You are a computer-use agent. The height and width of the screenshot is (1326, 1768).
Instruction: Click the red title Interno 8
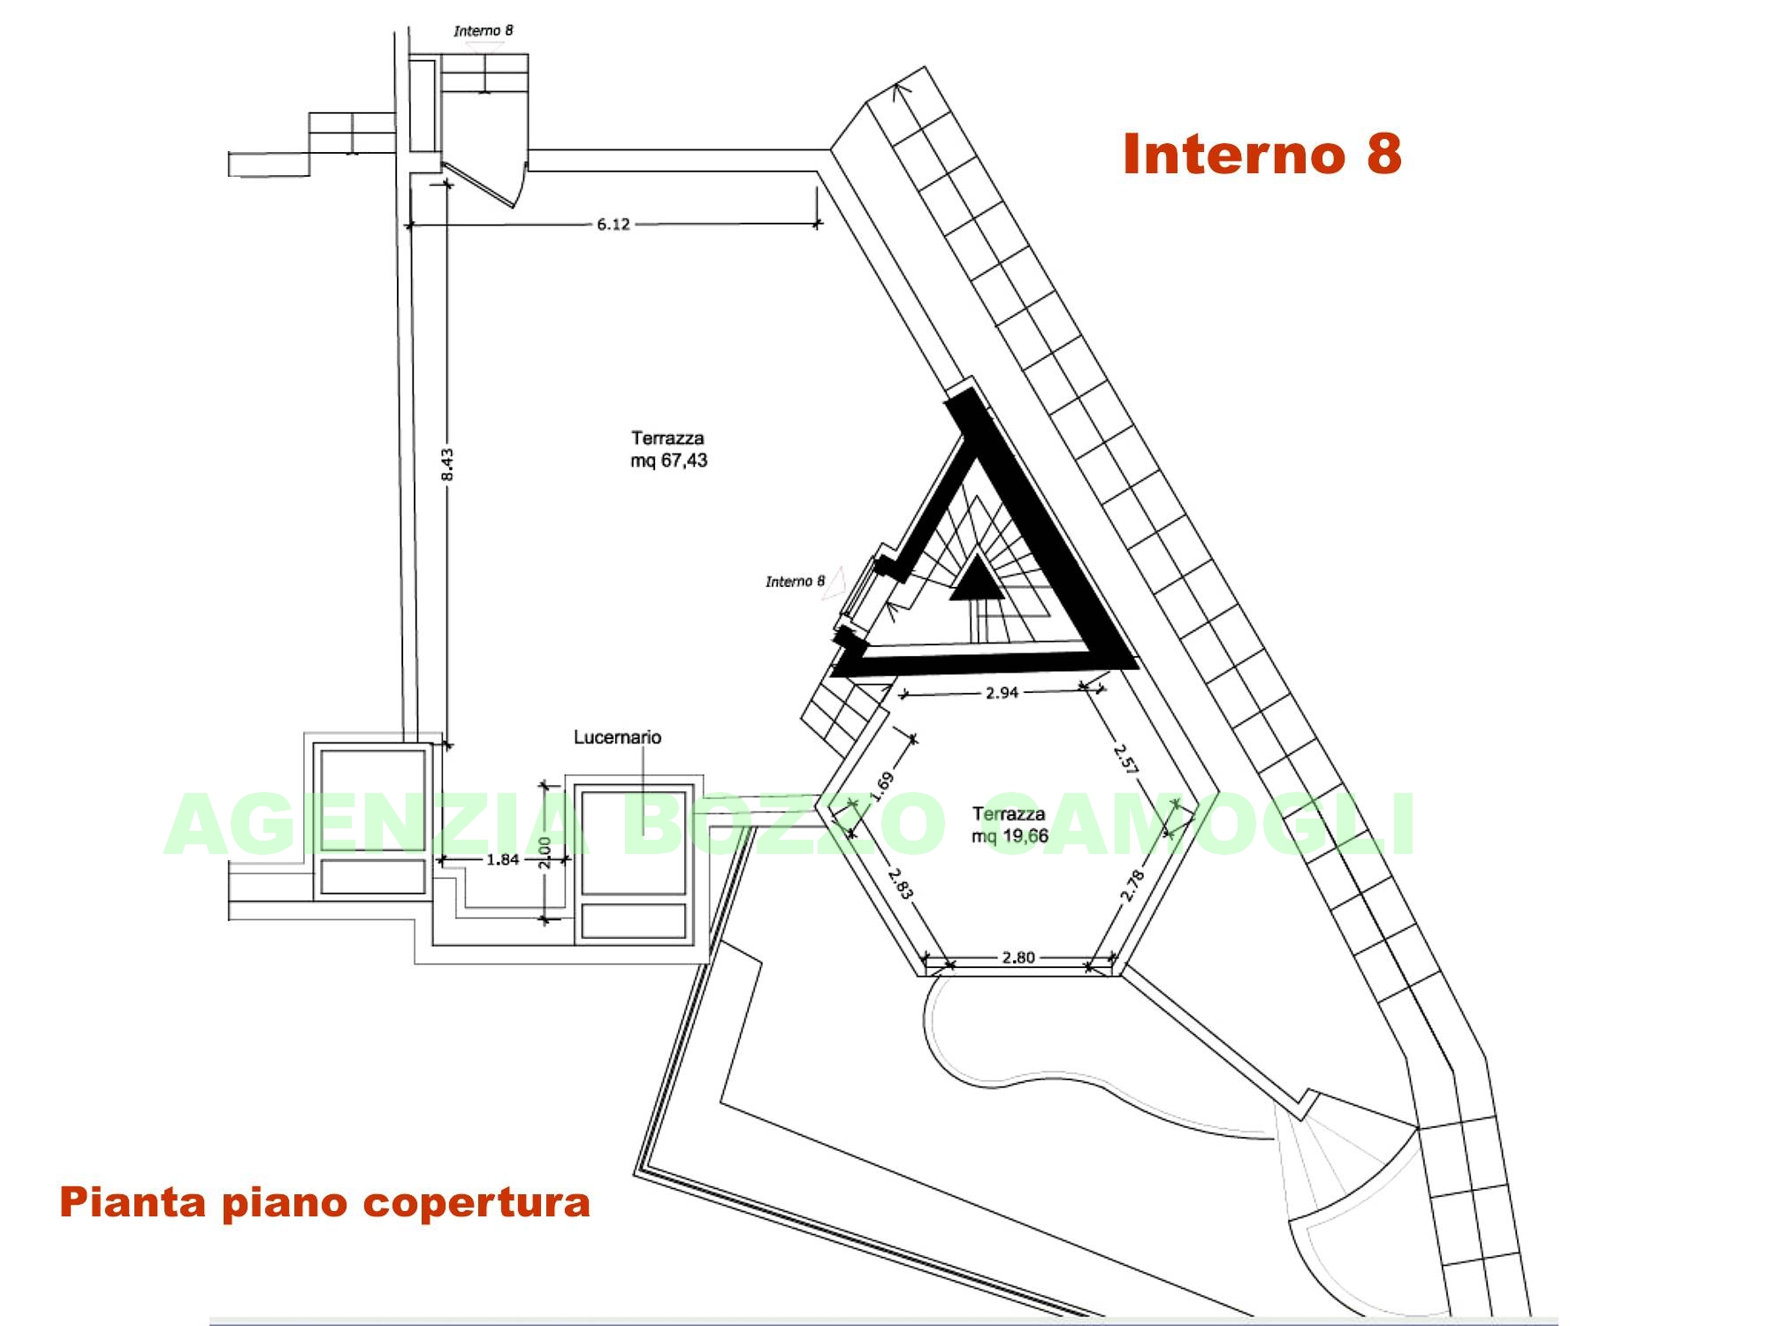(1261, 154)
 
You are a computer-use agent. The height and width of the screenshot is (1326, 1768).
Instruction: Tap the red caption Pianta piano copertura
(324, 1203)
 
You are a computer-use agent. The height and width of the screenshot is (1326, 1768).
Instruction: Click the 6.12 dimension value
(613, 225)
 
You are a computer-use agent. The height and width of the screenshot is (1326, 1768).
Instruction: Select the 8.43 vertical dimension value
(447, 465)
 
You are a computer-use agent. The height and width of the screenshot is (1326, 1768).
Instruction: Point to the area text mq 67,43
(669, 461)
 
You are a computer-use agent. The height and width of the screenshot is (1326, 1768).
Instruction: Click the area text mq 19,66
(1010, 836)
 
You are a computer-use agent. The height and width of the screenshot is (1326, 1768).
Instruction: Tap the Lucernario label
(617, 737)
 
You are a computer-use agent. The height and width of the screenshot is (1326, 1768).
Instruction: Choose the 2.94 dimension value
(1002, 693)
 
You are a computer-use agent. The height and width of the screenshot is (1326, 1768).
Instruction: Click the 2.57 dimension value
(1124, 758)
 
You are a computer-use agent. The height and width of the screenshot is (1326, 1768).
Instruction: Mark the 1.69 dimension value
(882, 785)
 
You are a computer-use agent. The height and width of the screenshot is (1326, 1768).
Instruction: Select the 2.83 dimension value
(900, 883)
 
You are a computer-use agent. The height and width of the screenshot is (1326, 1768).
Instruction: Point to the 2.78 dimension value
(1132, 885)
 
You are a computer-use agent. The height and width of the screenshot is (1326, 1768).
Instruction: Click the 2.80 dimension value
(1018, 957)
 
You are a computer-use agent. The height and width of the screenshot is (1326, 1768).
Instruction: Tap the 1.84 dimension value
(503, 859)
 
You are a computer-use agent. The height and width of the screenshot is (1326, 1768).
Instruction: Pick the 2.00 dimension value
(545, 853)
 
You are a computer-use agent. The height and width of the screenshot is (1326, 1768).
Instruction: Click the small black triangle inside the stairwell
(977, 580)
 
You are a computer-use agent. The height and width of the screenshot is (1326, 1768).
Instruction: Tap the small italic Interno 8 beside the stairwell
(795, 582)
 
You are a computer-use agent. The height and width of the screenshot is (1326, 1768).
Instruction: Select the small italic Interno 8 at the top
(484, 31)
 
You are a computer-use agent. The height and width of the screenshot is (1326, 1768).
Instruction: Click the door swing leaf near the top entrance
(480, 185)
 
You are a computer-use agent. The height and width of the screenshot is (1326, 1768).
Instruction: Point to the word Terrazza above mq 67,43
(667, 438)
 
